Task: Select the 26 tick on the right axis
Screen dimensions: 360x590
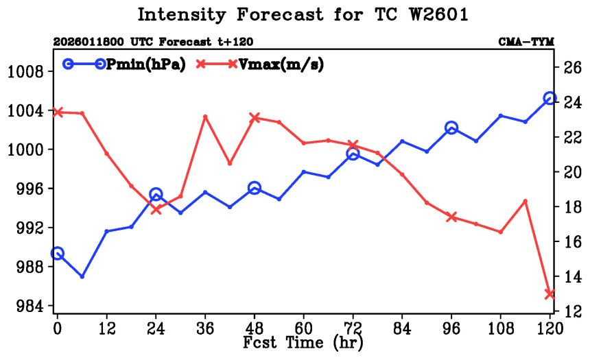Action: click(x=573, y=67)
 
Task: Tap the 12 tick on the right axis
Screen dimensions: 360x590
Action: click(x=573, y=311)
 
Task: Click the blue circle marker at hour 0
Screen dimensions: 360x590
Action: click(x=58, y=254)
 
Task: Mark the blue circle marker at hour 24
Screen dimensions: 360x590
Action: click(x=156, y=195)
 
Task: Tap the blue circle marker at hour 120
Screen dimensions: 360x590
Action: click(x=550, y=99)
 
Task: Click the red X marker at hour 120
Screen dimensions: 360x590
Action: click(x=550, y=293)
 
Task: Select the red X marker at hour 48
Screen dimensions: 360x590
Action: click(x=255, y=118)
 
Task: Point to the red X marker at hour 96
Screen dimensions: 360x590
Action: click(x=451, y=217)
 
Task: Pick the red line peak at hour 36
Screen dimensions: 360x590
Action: click(x=205, y=117)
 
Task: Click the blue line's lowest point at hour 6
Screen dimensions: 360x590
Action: click(x=82, y=276)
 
